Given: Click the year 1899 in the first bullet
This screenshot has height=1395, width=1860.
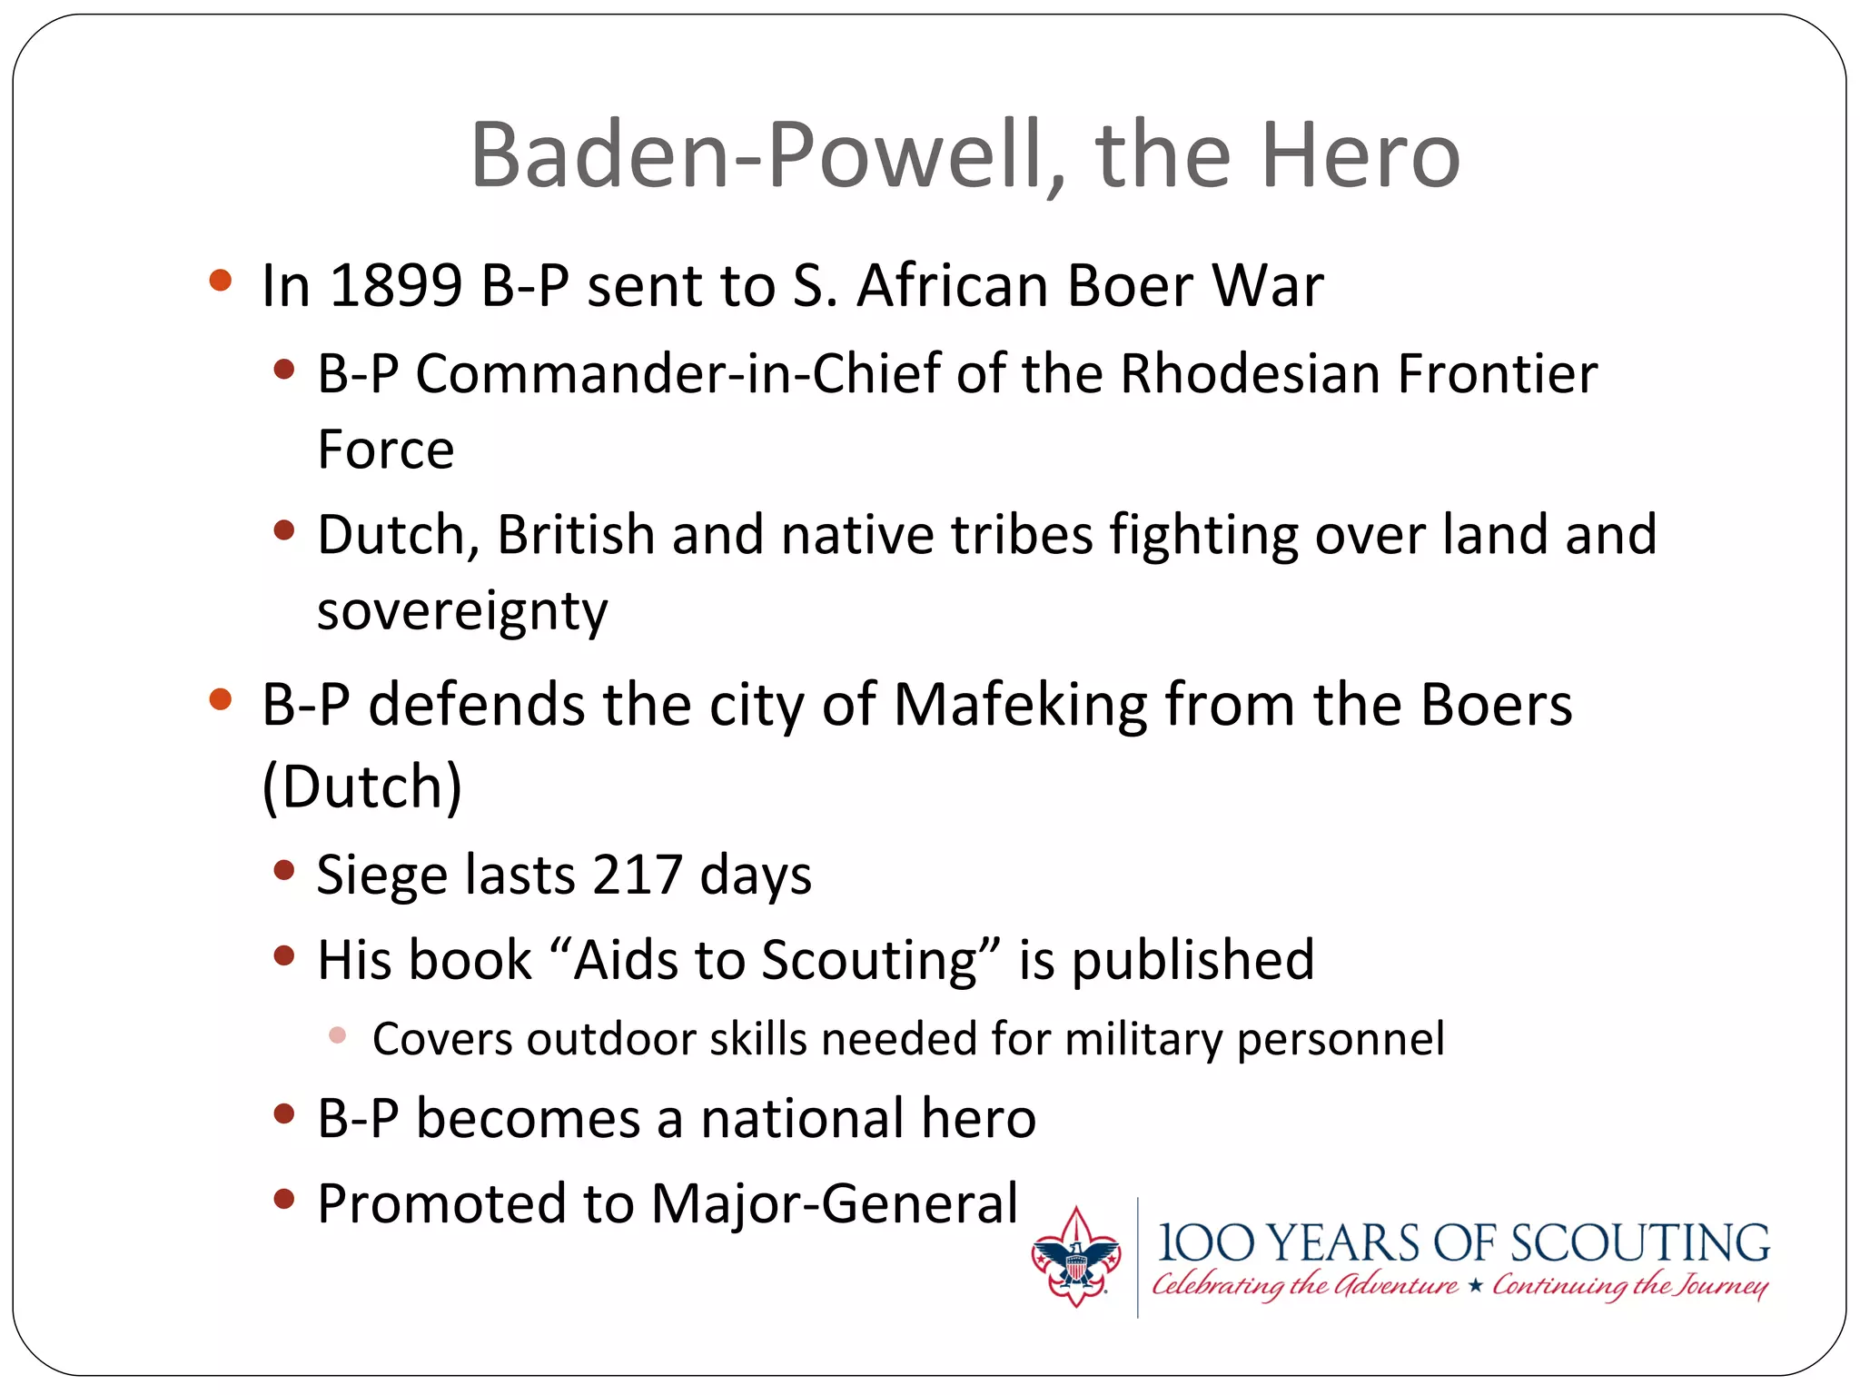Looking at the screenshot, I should [396, 286].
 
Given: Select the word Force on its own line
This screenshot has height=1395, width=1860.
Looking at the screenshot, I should [385, 450].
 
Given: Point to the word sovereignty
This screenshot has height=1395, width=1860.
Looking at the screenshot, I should [461, 611].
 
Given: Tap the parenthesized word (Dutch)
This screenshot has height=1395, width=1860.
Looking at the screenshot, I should [362, 787].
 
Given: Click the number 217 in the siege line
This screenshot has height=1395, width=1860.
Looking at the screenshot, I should [637, 876].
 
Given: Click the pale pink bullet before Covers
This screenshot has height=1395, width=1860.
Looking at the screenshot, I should [337, 1035].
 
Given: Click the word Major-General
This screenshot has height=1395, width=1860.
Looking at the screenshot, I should [835, 1204].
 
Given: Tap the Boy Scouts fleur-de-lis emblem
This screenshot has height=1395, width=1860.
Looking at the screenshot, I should [1076, 1258].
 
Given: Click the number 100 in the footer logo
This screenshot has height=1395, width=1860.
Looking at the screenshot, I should [1206, 1244].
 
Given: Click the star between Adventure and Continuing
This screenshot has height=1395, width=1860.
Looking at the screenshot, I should [1475, 1286].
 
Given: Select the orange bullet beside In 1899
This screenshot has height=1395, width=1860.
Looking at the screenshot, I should [220, 280].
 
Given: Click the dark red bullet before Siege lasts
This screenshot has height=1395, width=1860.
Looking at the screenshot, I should [284, 871].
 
